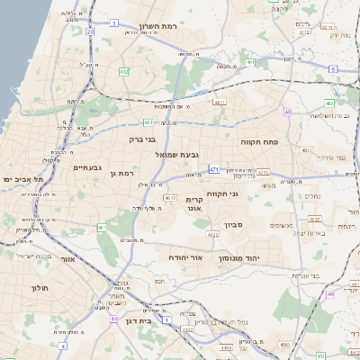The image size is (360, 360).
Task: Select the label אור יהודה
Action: pyautogui.click(x=186, y=257)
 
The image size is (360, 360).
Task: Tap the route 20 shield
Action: pyautogui.click(x=90, y=31)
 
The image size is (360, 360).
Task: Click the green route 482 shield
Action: pyautogui.click(x=123, y=71)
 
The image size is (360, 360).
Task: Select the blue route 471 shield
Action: pyautogui.click(x=213, y=168)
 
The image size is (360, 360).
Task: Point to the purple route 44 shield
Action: pyautogui.click(x=113, y=318)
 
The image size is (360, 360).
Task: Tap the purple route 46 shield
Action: pyautogui.click(x=330, y=293)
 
